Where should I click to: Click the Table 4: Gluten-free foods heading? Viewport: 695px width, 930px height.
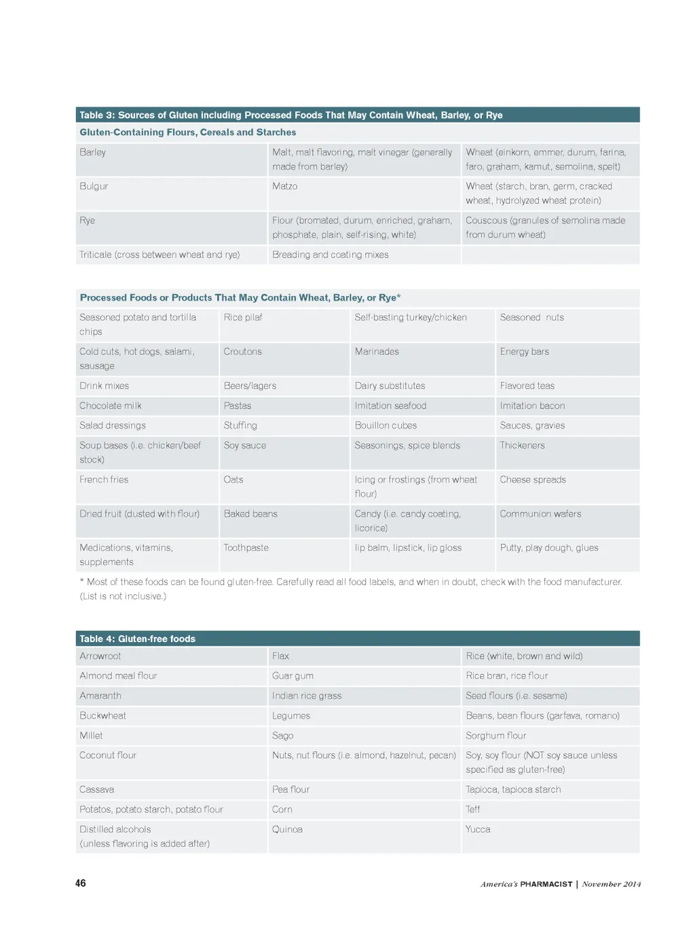click(137, 639)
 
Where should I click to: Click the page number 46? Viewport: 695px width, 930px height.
click(81, 883)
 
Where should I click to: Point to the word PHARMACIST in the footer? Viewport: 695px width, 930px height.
click(546, 884)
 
